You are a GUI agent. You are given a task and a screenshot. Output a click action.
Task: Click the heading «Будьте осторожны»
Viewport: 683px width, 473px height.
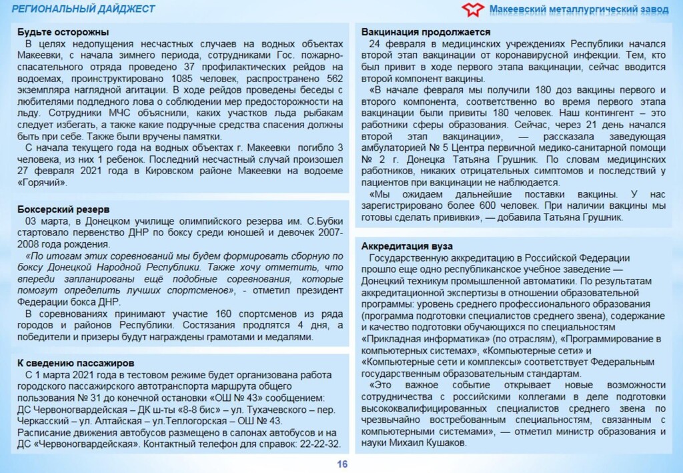tap(63, 32)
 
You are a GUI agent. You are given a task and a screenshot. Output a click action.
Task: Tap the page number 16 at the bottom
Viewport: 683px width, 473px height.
tap(342, 465)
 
